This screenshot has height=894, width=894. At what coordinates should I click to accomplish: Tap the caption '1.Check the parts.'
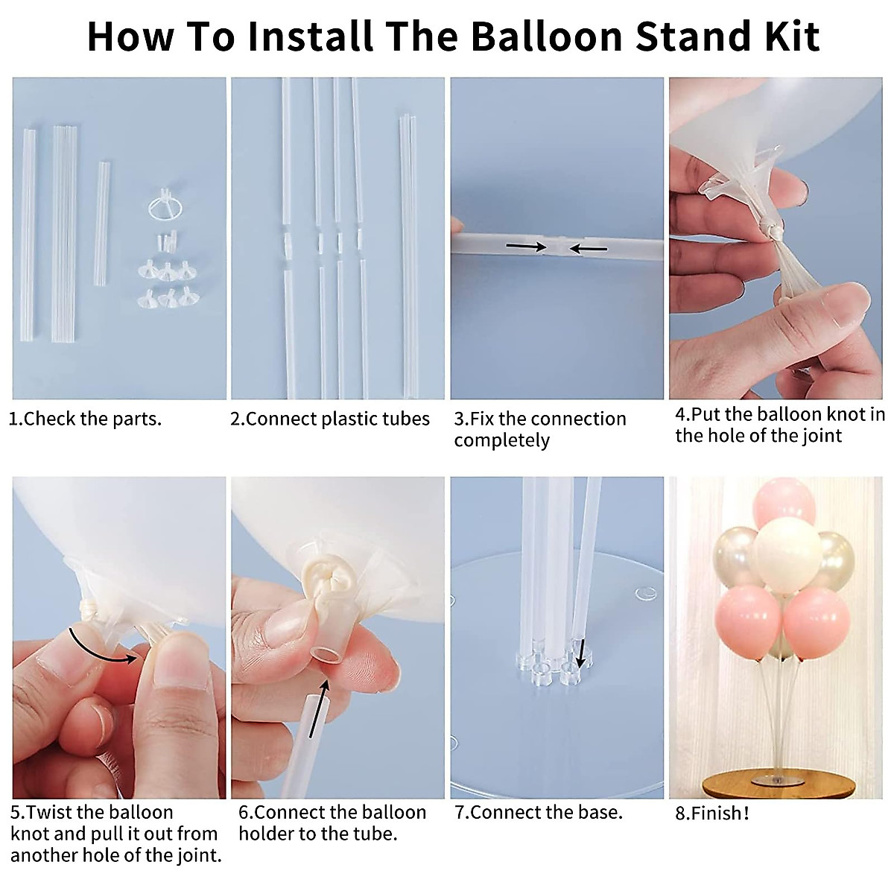tap(85, 419)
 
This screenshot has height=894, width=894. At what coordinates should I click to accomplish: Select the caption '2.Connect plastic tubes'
tap(330, 419)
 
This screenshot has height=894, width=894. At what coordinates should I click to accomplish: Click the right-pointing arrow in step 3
tap(526, 246)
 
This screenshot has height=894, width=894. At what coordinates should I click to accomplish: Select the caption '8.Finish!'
tap(711, 813)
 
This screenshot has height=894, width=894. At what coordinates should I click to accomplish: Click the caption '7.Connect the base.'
tap(538, 812)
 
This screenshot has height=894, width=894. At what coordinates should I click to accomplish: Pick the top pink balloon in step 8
tap(783, 503)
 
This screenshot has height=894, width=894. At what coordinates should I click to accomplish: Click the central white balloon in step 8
tap(788, 556)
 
